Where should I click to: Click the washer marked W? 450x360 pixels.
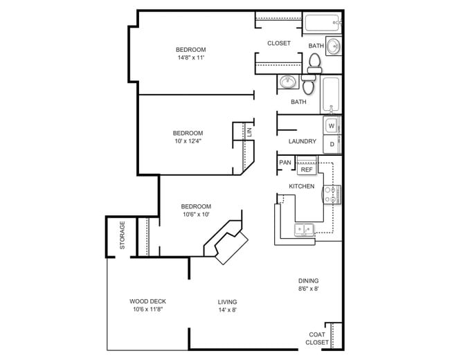point(332,125)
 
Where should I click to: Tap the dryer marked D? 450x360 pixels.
point(332,144)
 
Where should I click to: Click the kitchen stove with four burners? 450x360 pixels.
point(332,195)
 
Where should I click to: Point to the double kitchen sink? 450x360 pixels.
point(304,230)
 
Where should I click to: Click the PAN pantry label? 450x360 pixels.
point(285,163)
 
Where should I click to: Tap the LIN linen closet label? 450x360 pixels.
point(249,132)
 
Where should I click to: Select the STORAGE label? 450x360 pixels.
point(123,235)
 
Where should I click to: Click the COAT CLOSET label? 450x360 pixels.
point(317,339)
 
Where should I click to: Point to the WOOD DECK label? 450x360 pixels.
point(147,301)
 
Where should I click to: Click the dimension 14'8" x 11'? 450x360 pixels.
point(191,57)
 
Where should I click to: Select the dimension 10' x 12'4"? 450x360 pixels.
point(188,141)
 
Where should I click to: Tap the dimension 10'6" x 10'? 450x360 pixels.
point(196,214)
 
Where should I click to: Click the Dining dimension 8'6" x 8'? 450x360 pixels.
point(309,289)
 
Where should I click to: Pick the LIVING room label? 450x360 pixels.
point(227,302)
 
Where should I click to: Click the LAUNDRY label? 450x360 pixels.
point(303,141)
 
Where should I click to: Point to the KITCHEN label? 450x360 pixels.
point(302,186)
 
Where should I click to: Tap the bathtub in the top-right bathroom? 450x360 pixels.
point(323,23)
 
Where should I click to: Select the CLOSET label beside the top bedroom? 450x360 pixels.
point(279,43)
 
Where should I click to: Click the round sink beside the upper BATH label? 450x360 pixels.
point(334,46)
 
